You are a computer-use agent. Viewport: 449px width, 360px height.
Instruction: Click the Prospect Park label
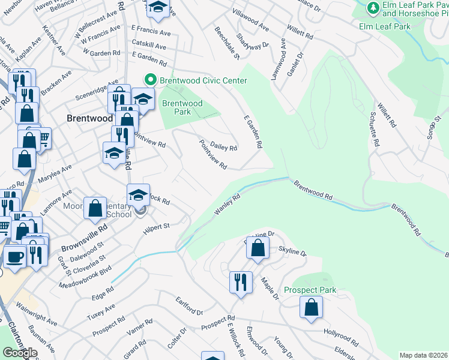310,290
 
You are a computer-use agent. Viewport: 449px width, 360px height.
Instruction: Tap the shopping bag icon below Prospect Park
312,307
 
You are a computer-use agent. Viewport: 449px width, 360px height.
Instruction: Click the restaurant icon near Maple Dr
240,282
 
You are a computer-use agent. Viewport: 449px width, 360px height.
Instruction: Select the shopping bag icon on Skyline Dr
257,247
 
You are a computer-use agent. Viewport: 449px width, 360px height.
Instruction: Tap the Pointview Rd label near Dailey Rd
212,154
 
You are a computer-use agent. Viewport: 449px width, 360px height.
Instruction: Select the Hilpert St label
157,229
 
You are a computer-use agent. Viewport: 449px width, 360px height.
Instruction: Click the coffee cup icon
14,256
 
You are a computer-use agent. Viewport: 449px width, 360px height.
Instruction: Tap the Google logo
20,353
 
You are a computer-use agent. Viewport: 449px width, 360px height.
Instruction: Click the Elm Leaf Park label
384,26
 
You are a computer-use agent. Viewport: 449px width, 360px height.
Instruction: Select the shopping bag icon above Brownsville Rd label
95,208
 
